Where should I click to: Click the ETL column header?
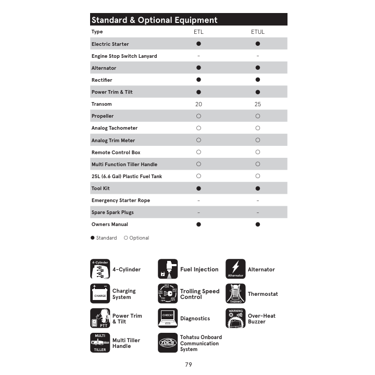(198, 32)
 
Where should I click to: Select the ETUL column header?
(257, 32)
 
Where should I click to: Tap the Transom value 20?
(198, 104)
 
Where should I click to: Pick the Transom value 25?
(257, 104)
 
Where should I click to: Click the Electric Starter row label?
(110, 44)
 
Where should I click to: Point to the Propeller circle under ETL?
(198, 116)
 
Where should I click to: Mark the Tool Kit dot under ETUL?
(257, 189)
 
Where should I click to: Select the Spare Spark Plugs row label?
(113, 213)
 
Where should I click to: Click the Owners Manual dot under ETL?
(198, 224)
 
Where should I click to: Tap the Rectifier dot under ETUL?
(257, 80)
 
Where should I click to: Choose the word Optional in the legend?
(139, 238)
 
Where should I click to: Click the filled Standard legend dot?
(93, 238)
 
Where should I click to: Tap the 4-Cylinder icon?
(100, 269)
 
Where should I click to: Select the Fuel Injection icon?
(168, 269)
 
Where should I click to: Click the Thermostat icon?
(235, 294)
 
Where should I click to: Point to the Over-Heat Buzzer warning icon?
(235, 318)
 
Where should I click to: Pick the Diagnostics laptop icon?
(168, 318)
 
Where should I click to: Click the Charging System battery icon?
(100, 294)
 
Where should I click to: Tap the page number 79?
(188, 365)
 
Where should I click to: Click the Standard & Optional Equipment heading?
(154, 20)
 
